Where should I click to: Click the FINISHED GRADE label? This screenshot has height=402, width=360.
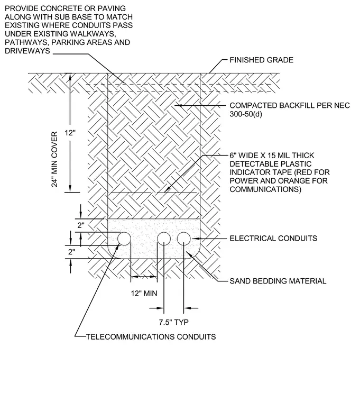click(261, 60)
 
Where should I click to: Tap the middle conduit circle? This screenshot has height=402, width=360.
click(164, 239)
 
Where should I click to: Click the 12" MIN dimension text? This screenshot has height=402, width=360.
click(144, 293)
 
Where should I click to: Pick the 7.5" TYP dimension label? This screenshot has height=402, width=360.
click(174, 322)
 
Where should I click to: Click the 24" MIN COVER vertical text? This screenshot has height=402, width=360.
click(54, 159)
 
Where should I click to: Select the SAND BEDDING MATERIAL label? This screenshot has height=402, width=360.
click(278, 281)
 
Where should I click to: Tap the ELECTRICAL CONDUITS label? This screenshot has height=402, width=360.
click(273, 239)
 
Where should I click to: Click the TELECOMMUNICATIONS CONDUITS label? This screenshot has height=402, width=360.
click(151, 336)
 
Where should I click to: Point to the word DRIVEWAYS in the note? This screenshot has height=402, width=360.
click(27, 51)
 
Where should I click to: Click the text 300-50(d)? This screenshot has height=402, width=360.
click(246, 114)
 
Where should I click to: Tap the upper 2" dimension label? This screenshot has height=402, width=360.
click(81, 225)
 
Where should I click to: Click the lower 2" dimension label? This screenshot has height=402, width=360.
click(72, 252)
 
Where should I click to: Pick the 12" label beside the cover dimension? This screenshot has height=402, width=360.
click(70, 133)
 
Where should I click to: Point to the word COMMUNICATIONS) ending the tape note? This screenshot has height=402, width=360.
click(265, 189)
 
